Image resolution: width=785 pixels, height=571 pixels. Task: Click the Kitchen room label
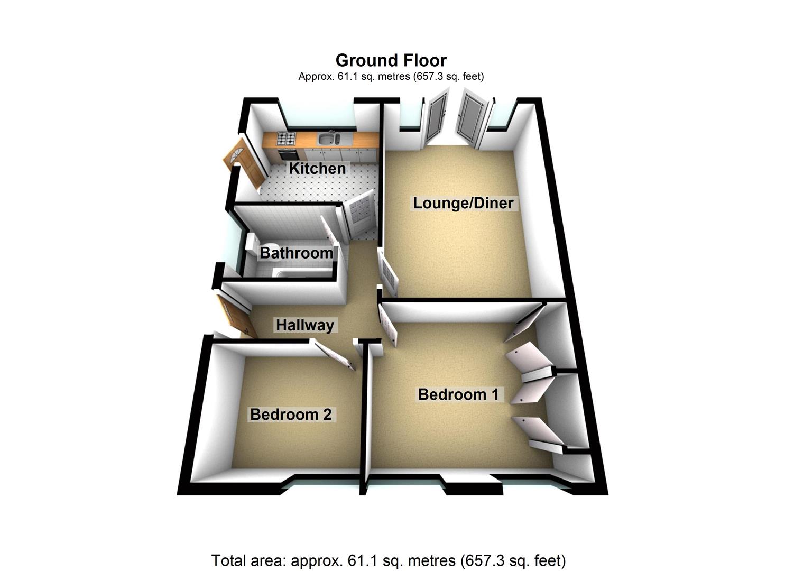coord(317,169)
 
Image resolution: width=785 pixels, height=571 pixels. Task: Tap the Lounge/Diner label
coord(463,203)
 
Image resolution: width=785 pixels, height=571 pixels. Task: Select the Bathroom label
coord(296,253)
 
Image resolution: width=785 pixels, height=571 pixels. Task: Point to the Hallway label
coord(305,325)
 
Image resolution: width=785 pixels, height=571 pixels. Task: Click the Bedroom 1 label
coord(458,394)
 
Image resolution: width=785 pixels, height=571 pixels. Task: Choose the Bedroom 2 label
coord(291,414)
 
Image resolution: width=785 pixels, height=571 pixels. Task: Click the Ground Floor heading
coord(391,60)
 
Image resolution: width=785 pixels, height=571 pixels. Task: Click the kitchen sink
coord(328,139)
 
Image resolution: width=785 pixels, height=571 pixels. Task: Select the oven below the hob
coord(288,154)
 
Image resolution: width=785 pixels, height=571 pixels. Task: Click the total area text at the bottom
coord(389,560)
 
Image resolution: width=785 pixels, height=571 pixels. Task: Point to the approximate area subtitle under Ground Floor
coord(391,76)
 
